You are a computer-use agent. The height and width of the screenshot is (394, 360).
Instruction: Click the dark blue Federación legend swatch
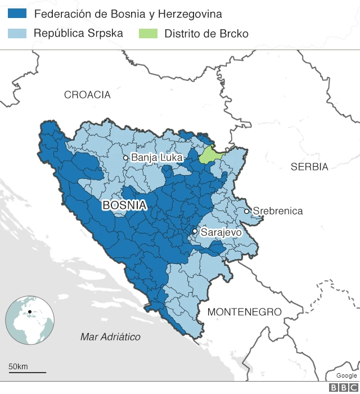(18, 14)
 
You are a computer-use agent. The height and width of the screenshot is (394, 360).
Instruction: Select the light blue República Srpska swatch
(18, 33)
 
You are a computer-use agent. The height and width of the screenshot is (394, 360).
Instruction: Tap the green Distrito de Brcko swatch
(148, 33)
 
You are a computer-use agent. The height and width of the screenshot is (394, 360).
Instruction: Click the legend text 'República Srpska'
(78, 33)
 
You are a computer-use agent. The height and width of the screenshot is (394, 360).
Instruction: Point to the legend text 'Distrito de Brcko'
(206, 34)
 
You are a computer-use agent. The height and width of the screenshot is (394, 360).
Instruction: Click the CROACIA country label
(87, 95)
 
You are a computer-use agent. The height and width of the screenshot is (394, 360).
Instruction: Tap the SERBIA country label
(309, 167)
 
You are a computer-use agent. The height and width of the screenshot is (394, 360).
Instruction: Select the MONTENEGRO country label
(244, 312)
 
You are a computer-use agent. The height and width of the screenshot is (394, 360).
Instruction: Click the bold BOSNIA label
(124, 206)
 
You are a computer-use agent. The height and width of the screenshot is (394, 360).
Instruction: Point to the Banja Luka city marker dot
(126, 158)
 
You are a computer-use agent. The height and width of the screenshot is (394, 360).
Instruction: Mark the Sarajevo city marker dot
(195, 231)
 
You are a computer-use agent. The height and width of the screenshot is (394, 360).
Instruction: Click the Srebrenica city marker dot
(246, 211)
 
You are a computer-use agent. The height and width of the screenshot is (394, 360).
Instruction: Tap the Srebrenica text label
(278, 211)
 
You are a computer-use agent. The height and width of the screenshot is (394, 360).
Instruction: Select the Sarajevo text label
(221, 232)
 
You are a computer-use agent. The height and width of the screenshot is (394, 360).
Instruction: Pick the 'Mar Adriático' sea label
(110, 337)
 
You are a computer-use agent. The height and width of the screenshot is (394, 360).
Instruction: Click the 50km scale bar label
(18, 367)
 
